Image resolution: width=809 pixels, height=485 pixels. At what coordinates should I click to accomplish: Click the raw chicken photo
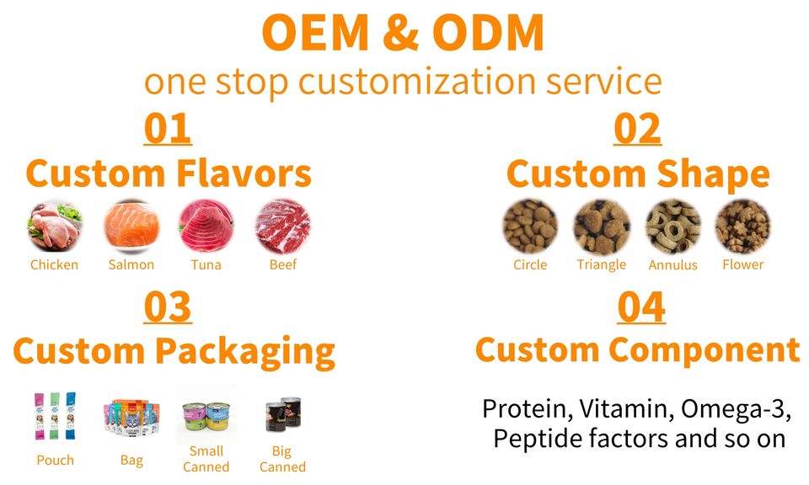click(55, 227)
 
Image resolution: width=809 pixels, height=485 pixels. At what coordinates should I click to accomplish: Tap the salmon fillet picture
click(131, 227)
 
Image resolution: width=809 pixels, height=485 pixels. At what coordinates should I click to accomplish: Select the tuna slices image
click(206, 227)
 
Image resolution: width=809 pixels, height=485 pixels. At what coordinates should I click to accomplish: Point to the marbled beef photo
click(283, 227)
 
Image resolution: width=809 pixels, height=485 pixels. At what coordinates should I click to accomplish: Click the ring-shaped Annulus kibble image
click(672, 227)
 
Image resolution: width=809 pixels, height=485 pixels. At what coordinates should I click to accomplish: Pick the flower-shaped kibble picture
click(742, 227)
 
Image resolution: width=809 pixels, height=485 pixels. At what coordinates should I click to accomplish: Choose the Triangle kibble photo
click(602, 227)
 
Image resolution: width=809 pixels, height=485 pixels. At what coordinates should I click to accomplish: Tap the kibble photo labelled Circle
click(530, 227)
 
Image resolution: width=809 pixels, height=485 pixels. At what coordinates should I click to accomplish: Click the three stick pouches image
click(55, 416)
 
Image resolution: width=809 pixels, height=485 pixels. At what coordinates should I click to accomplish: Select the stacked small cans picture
click(206, 415)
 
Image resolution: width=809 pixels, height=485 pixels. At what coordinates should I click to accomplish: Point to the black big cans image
click(283, 414)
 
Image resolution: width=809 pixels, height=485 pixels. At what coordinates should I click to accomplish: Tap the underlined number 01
click(168, 129)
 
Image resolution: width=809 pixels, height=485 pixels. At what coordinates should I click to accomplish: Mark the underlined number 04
click(641, 307)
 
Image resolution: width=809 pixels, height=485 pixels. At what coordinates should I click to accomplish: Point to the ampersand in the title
click(401, 33)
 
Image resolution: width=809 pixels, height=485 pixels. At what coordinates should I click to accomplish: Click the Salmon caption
click(131, 264)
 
